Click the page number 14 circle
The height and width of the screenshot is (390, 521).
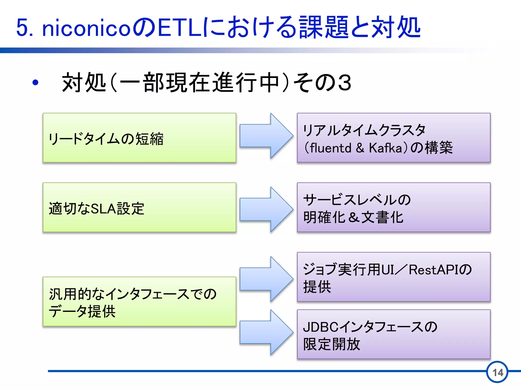pyautogui.click(x=497, y=372)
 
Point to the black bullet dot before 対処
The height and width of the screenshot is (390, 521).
pyautogui.click(x=35, y=83)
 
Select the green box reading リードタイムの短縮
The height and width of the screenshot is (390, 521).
pyautogui.click(x=139, y=138)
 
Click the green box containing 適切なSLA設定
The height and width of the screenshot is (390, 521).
pyautogui.click(x=139, y=207)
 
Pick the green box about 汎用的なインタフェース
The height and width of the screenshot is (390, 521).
pyautogui.click(x=139, y=302)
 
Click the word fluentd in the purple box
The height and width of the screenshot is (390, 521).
pyautogui.click(x=330, y=148)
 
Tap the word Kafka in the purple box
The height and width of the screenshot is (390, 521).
pyautogui.click(x=385, y=148)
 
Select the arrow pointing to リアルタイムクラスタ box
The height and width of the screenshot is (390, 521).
pyautogui.click(x=266, y=136)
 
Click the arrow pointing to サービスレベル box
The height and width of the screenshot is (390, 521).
pyautogui.click(x=266, y=209)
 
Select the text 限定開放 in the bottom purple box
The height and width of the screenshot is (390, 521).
pyautogui.click(x=331, y=344)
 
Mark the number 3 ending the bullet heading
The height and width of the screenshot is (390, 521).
pyautogui.click(x=344, y=83)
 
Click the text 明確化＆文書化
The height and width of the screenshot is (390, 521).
pyautogui.click(x=353, y=217)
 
